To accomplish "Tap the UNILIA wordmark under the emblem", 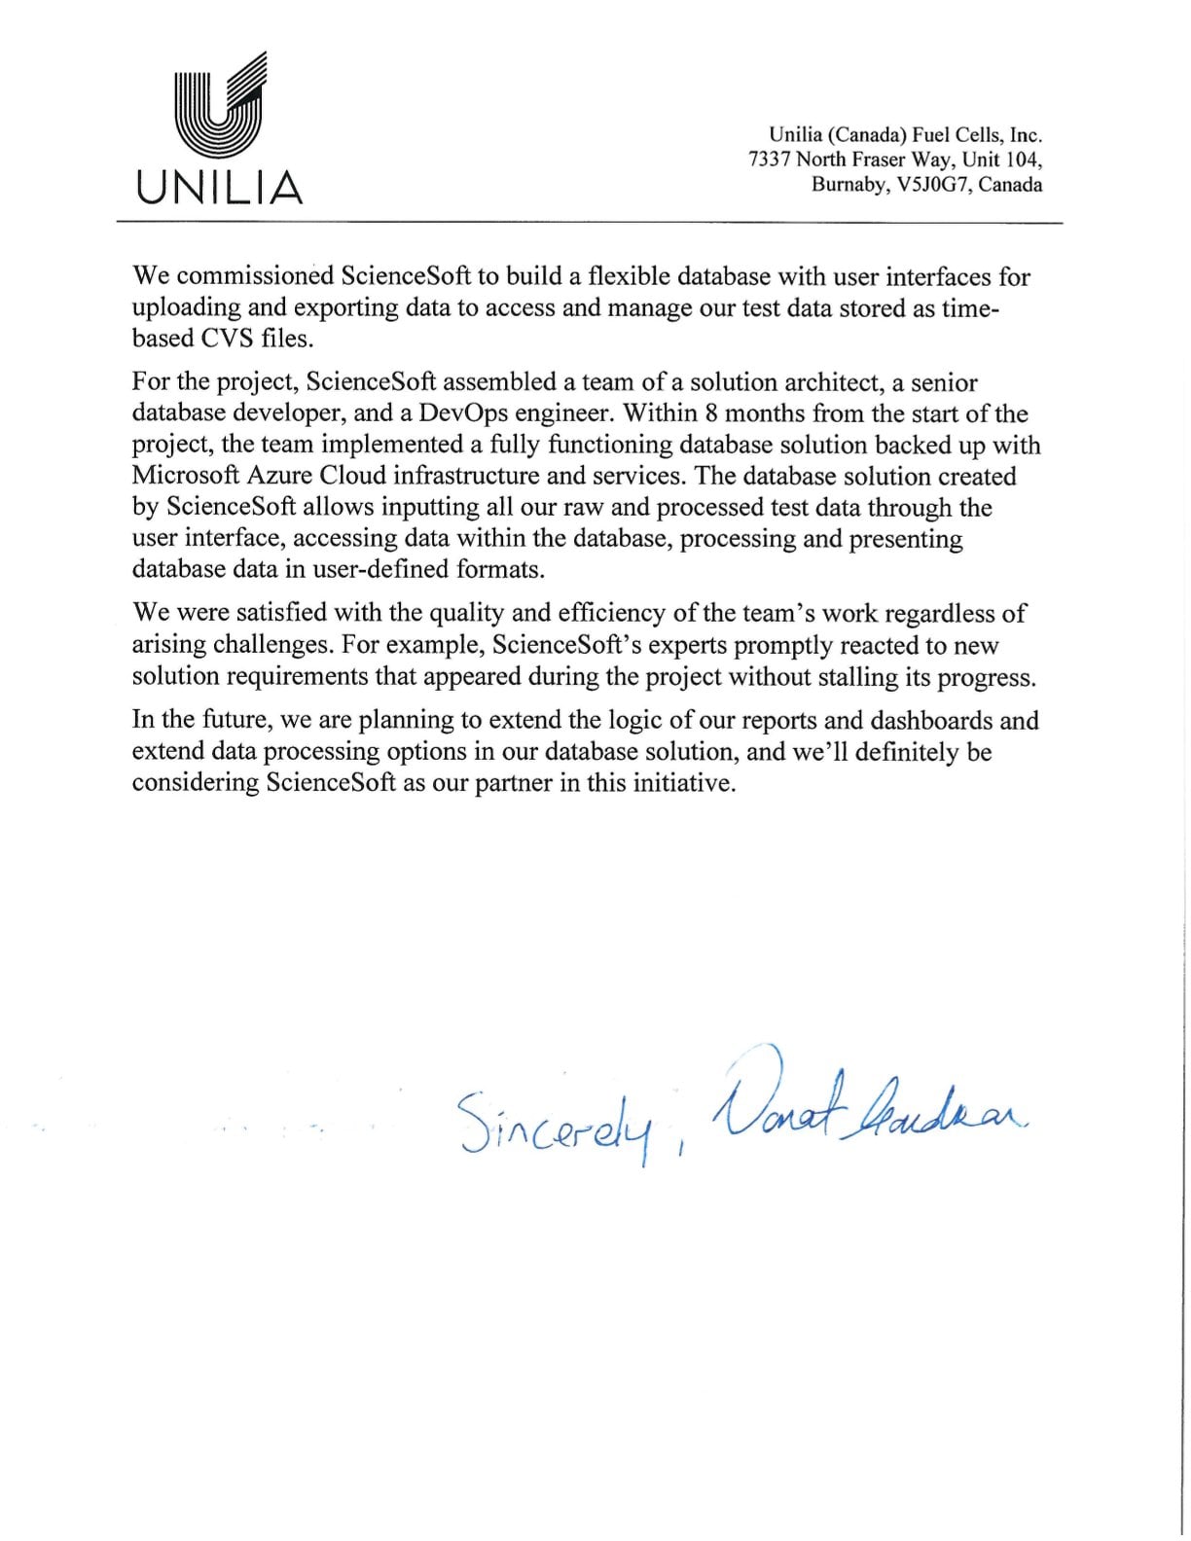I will (220, 186).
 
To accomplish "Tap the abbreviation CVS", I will (228, 339).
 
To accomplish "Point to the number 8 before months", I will (711, 413).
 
